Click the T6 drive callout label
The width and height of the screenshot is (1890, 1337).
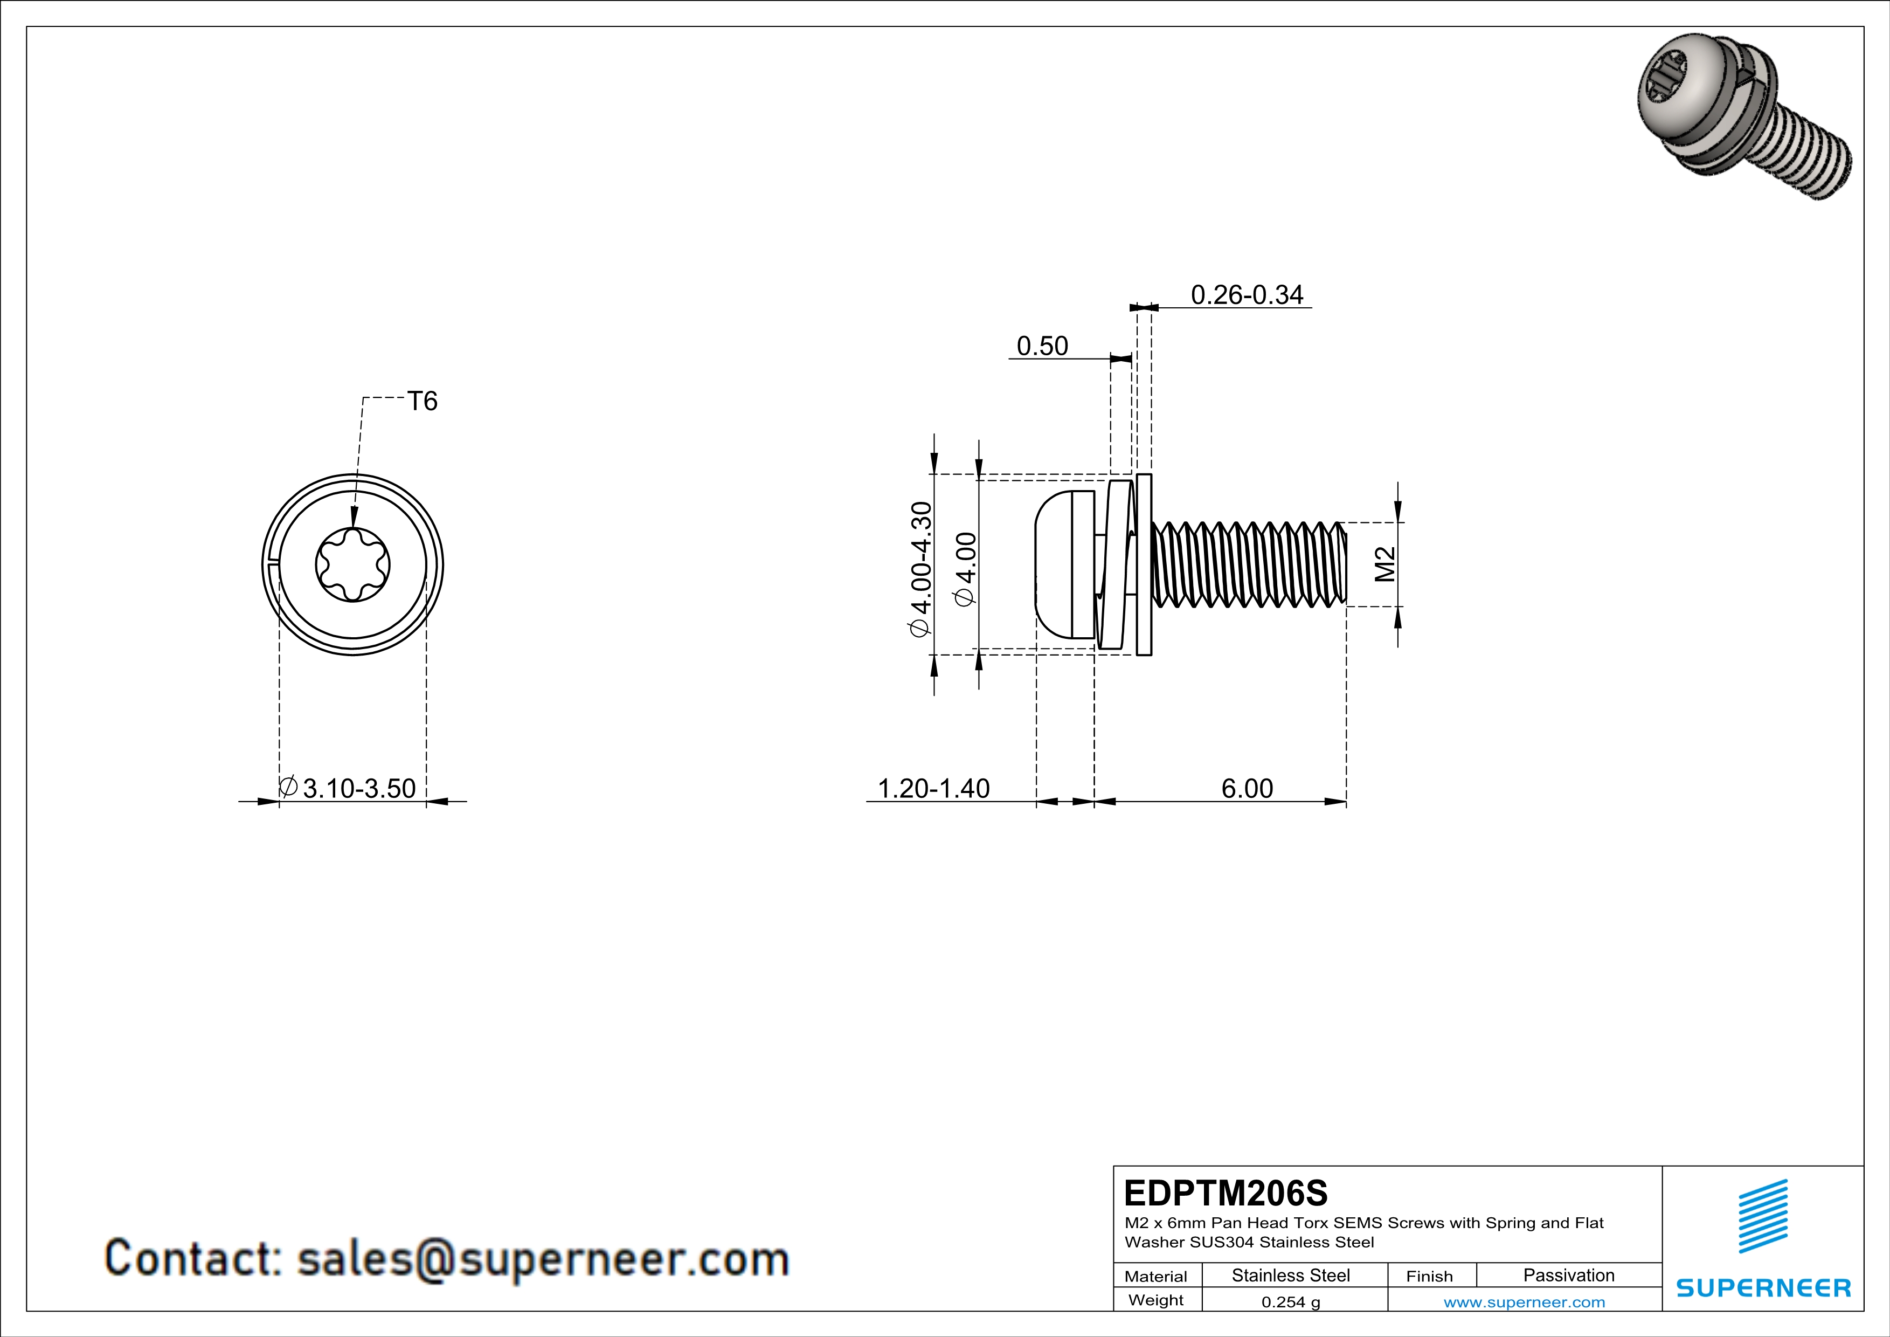pos(423,401)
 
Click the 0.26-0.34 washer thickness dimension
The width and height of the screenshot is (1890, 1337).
pos(1247,295)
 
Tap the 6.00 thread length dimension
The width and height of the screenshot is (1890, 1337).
pos(1247,788)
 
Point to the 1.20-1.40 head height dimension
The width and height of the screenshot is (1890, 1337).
pos(933,788)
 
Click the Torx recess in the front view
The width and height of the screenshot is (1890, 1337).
pos(352,565)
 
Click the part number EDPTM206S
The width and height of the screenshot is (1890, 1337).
pos(1225,1192)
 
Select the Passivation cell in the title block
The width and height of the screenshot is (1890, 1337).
pos(1568,1275)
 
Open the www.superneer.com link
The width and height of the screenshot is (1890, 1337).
pos(1524,1301)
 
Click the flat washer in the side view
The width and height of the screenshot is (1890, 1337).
pos(1144,565)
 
